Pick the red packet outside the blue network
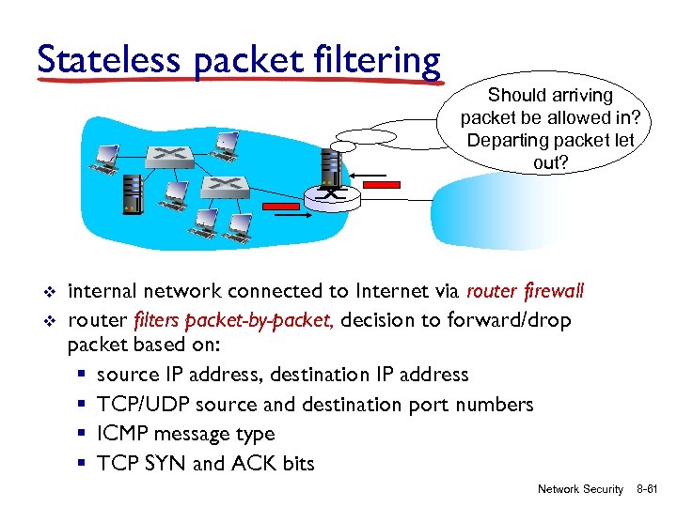click(x=381, y=186)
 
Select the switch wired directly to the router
click(x=223, y=187)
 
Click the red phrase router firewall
click(x=525, y=291)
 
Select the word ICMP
click(x=123, y=434)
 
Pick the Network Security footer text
click(x=579, y=489)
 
